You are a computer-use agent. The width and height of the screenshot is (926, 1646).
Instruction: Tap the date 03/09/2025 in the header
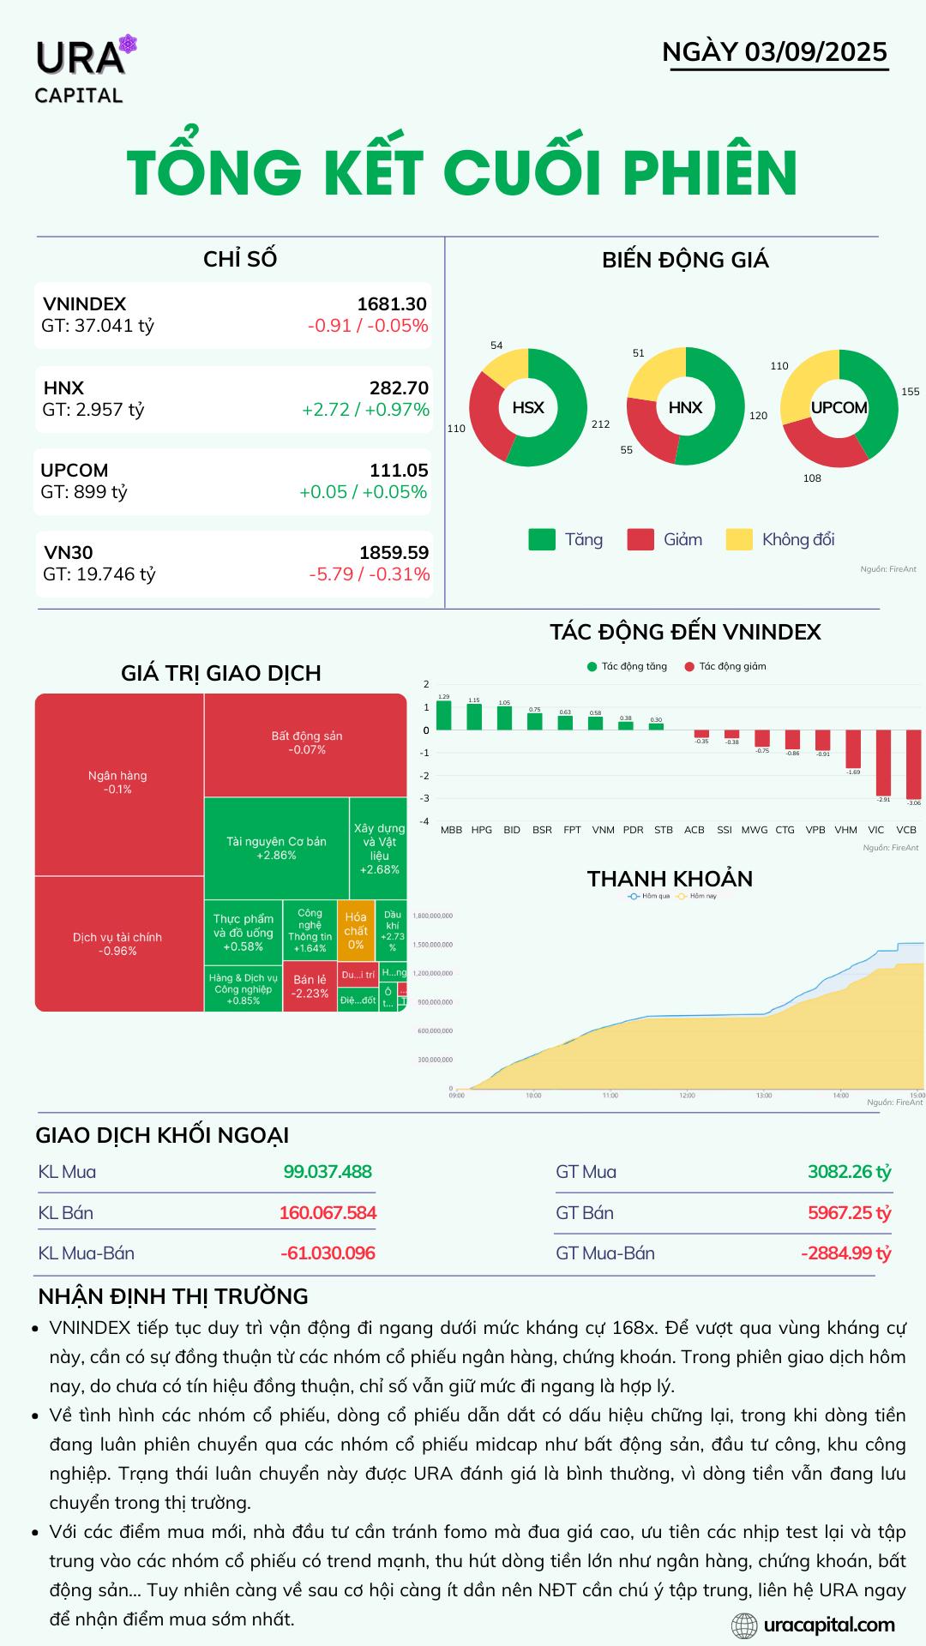(815, 51)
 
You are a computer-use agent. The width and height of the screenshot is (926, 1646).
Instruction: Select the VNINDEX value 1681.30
(392, 304)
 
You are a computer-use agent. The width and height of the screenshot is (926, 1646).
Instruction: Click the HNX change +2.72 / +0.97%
(365, 410)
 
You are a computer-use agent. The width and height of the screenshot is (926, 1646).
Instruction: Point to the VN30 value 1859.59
(394, 553)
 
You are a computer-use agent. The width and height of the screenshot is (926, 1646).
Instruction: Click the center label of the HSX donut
(528, 408)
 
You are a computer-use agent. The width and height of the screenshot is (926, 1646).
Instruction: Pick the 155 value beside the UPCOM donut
(910, 392)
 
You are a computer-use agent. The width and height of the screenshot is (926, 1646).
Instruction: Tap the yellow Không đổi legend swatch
(738, 539)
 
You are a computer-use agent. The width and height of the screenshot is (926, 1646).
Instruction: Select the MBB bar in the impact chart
(444, 716)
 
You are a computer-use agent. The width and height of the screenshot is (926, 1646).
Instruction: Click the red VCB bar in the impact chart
(913, 763)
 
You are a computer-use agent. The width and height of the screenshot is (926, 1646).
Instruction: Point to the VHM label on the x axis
(845, 830)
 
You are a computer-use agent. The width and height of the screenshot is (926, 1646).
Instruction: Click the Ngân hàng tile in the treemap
(118, 782)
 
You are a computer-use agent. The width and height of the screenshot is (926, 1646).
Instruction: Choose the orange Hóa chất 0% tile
(356, 930)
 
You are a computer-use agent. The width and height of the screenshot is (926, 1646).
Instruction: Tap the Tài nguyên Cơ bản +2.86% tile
(276, 848)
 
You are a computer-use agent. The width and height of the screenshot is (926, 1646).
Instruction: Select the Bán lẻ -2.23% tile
(310, 987)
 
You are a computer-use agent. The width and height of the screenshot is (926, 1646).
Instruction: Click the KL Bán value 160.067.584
(328, 1213)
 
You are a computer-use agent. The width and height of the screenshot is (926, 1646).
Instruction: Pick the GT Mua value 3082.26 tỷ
(849, 1172)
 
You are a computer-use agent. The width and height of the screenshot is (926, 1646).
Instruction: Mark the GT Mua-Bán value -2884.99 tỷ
(845, 1253)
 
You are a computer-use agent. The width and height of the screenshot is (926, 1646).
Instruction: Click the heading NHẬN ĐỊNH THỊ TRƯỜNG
(173, 1296)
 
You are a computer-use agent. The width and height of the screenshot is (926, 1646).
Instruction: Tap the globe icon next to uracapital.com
(744, 1625)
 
